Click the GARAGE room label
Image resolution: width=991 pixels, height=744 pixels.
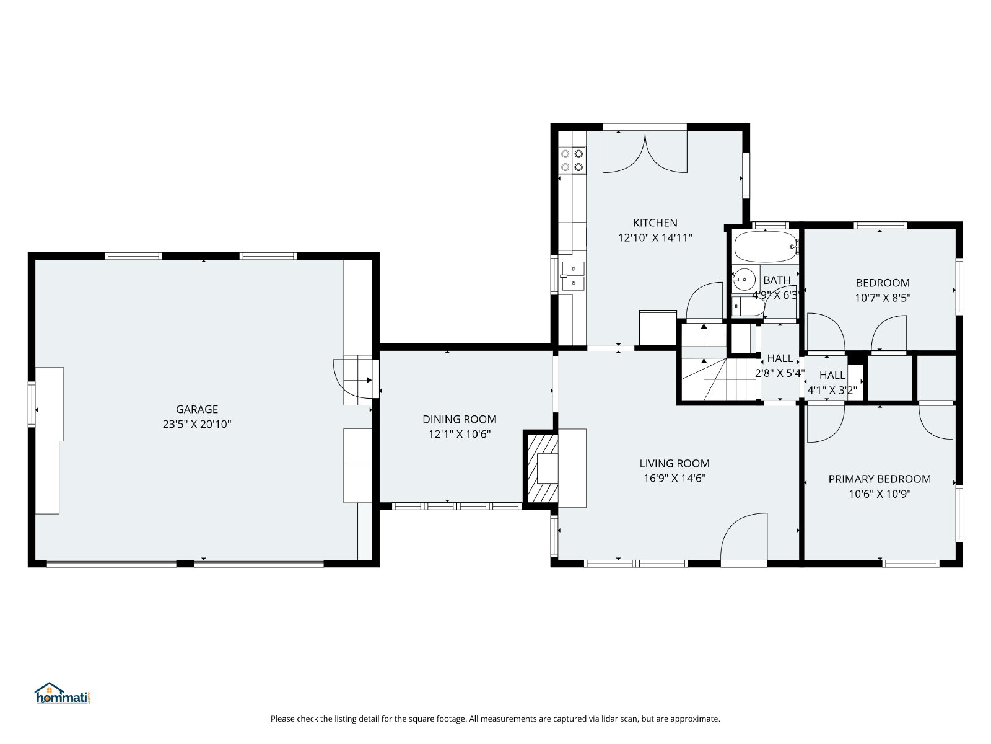(x=197, y=409)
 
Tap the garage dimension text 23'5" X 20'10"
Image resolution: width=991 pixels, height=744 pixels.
(x=197, y=424)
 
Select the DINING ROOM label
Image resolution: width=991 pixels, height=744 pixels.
(x=459, y=419)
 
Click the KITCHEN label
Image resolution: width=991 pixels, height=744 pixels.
(x=655, y=223)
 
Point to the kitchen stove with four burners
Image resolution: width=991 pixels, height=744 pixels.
(x=572, y=161)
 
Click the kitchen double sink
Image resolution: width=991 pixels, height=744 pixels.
(x=573, y=276)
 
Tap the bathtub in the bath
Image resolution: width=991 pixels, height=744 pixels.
(x=766, y=247)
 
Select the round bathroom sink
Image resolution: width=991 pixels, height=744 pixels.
(x=744, y=280)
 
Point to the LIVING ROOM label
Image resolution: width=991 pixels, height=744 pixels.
(x=674, y=464)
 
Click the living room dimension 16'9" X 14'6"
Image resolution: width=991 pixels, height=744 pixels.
(x=674, y=479)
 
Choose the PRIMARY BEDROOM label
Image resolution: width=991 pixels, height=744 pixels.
(x=879, y=479)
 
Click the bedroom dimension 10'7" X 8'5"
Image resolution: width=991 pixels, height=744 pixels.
(x=882, y=298)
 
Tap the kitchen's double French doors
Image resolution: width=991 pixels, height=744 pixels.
(x=645, y=152)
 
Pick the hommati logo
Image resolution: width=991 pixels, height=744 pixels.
(x=63, y=693)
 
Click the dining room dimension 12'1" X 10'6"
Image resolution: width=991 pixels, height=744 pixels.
(x=459, y=434)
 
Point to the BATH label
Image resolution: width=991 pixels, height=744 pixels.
(x=777, y=280)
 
